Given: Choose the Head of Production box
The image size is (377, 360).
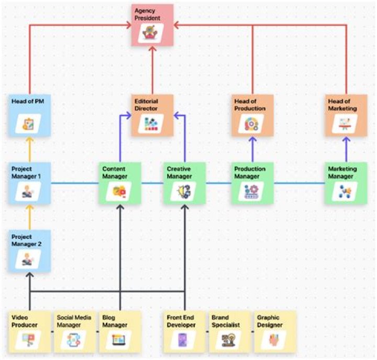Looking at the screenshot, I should pyautogui.click(x=252, y=115).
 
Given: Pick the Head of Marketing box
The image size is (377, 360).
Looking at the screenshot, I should pyautogui.click(x=346, y=115).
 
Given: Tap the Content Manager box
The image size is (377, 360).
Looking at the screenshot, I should pyautogui.click(x=120, y=183).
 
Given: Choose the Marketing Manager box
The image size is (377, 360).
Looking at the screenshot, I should pyautogui.click(x=346, y=183).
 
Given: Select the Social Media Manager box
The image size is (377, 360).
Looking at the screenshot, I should pyautogui.click(x=75, y=331).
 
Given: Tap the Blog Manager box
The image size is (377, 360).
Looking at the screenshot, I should pyautogui.click(x=120, y=331).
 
